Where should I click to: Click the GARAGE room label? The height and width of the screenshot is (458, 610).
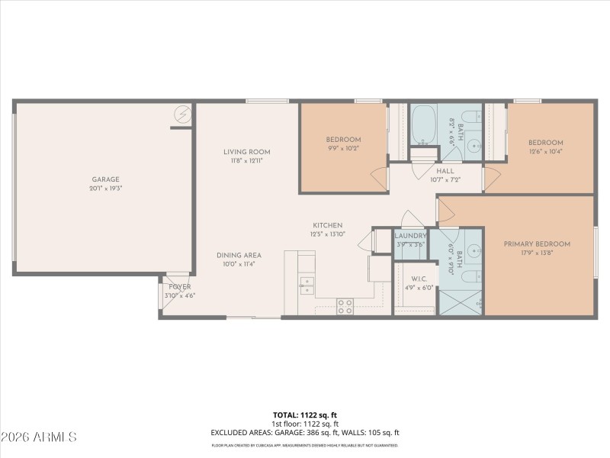click(x=107, y=179)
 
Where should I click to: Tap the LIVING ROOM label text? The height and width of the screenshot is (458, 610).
click(x=246, y=152)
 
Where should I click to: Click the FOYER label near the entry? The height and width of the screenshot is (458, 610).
click(x=180, y=286)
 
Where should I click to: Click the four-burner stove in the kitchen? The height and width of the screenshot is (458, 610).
click(x=345, y=305)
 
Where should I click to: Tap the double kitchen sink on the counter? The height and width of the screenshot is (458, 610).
click(x=306, y=285)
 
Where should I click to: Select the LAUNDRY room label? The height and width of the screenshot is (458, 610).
click(x=410, y=236)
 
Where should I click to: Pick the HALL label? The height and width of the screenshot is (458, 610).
click(x=445, y=172)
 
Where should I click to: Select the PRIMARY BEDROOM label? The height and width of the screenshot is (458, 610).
click(x=538, y=244)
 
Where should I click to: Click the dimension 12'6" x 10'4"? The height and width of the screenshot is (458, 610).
click(x=546, y=152)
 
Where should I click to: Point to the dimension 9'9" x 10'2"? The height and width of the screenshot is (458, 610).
click(x=343, y=149)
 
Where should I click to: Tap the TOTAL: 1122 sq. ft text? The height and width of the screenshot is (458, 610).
click(x=304, y=416)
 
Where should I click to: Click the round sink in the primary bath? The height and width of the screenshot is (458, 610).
click(x=472, y=250)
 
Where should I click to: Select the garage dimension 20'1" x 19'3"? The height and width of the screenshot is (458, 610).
click(x=107, y=188)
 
